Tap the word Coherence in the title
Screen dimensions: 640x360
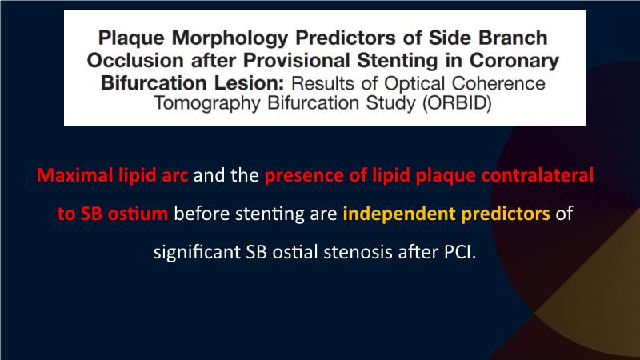coord(498,83)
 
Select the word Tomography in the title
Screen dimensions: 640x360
coord(207,104)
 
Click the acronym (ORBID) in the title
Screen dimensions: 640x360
coord(457,103)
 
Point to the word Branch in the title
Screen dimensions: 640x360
coord(513,38)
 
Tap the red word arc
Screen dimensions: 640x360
coord(174,176)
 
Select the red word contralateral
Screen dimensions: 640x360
coord(537,175)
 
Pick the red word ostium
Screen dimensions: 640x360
coord(138,214)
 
